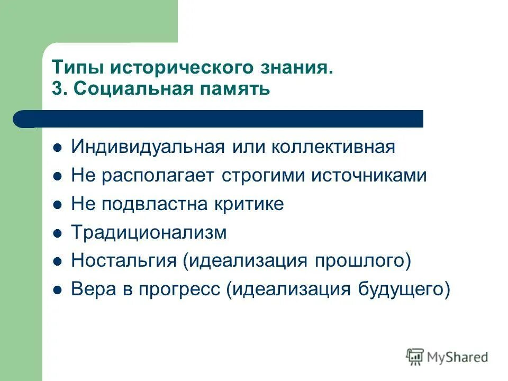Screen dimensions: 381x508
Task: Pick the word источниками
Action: (x=368, y=176)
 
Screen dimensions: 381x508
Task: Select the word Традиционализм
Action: (x=149, y=233)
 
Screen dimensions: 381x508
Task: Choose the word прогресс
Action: (x=179, y=290)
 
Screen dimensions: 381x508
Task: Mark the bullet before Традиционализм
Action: (x=58, y=233)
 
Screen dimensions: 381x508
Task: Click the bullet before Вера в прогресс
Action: (x=58, y=290)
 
